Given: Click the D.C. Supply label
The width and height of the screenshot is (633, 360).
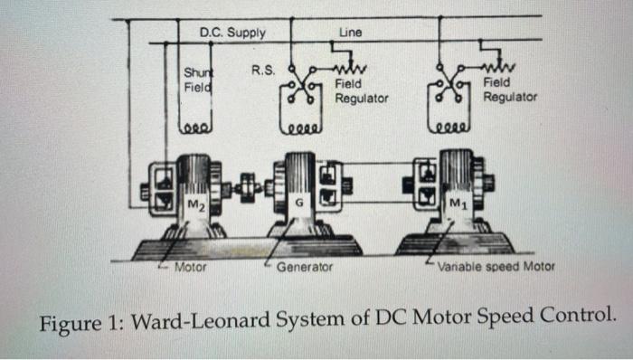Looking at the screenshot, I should pyautogui.click(x=232, y=33).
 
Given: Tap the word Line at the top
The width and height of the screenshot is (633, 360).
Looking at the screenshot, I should pyautogui.click(x=350, y=33).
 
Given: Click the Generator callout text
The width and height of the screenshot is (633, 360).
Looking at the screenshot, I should pyautogui.click(x=305, y=268).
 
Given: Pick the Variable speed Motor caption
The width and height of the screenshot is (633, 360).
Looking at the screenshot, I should pyautogui.click(x=496, y=267).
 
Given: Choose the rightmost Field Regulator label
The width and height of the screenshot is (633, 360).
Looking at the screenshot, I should pyautogui.click(x=510, y=89).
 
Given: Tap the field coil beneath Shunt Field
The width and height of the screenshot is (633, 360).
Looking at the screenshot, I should pyautogui.click(x=197, y=128).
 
